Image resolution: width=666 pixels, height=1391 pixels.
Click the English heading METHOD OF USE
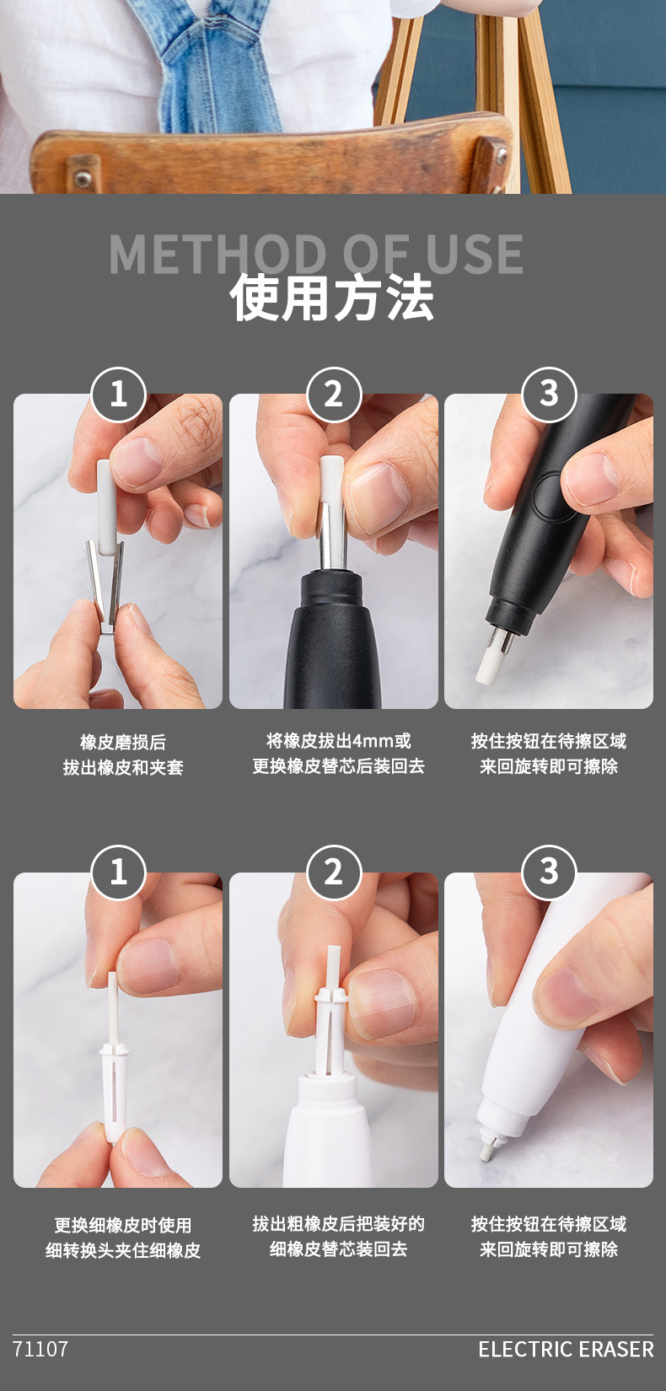316,253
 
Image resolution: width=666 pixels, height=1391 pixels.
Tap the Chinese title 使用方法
332,298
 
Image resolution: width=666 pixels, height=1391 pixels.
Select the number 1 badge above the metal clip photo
118,394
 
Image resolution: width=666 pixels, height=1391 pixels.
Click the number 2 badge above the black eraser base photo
333,394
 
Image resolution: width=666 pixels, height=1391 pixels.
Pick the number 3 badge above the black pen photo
549,393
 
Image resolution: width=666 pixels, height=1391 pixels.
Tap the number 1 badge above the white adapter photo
118,872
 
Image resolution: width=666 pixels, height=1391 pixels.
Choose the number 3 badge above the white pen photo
549,872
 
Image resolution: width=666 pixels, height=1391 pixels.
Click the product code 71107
40,1349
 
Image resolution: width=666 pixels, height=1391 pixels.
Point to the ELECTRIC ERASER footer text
566,1349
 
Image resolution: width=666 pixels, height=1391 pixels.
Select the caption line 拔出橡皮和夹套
123,767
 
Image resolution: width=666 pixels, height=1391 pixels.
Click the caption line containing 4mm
338,741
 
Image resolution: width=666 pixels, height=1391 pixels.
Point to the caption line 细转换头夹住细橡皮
123,1250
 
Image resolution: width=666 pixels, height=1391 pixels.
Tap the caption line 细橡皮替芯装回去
338,1249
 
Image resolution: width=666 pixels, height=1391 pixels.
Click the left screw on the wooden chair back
83,178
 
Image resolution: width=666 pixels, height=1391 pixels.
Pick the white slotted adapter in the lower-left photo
114,1092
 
